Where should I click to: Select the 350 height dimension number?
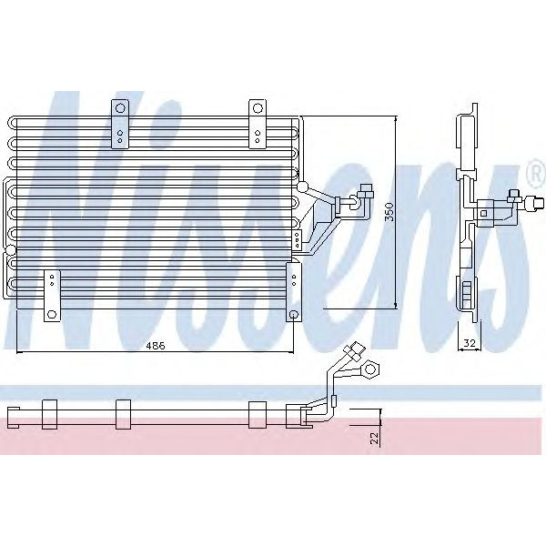[389, 212]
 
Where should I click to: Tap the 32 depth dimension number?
[469, 343]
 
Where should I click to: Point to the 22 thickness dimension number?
[374, 438]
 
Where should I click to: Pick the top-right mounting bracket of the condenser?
[258, 125]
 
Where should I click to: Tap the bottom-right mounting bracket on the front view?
[293, 290]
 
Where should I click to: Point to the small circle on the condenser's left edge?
[9, 250]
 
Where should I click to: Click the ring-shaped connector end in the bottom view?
[372, 368]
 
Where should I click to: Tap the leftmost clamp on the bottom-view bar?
[49, 414]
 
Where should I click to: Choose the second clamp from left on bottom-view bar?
[124, 413]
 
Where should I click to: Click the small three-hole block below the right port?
[298, 240]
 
